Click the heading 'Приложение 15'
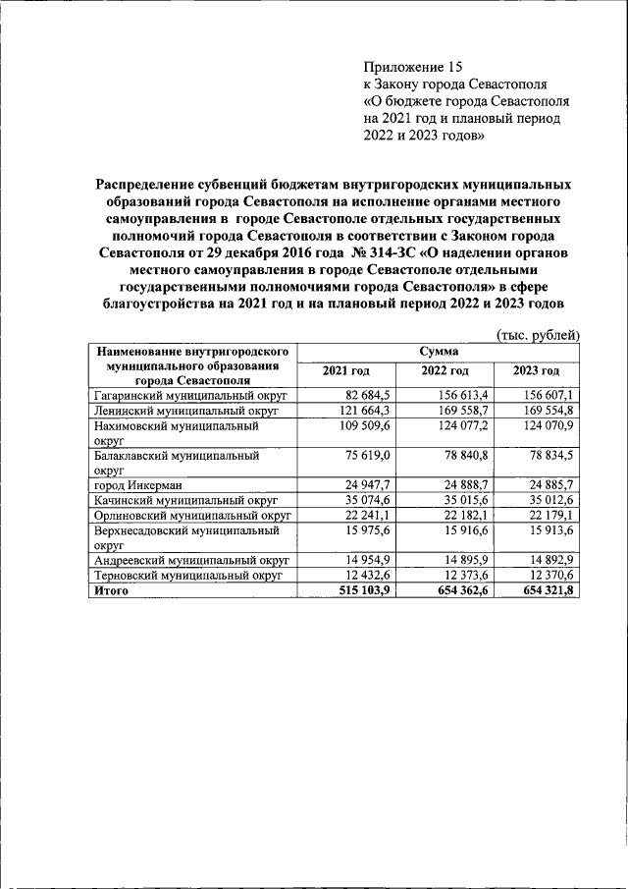[x=411, y=67]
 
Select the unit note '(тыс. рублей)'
[x=539, y=334]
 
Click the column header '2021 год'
[x=346, y=370]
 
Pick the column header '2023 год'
[x=537, y=370]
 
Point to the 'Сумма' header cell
[x=439, y=351]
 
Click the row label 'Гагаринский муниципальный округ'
[x=187, y=395]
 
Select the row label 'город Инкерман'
[x=138, y=485]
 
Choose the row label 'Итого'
[x=111, y=591]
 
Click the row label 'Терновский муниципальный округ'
[x=186, y=576]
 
